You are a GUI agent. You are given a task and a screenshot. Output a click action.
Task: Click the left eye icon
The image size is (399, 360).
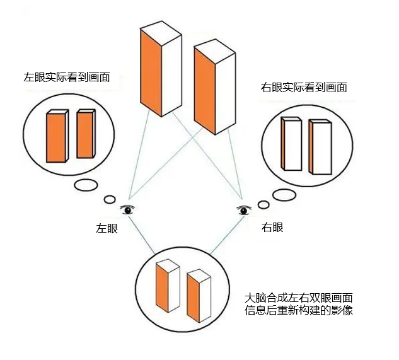[129, 209]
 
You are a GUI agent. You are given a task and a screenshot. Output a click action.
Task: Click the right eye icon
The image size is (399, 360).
[243, 210]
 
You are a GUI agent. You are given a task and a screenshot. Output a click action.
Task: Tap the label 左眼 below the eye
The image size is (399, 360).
[107, 228]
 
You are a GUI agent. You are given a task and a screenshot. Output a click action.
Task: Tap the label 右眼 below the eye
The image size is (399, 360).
[272, 227]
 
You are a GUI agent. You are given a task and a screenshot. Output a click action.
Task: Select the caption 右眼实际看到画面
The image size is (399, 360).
[303, 87]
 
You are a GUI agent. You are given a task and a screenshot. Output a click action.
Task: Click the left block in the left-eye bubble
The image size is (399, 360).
[56, 138]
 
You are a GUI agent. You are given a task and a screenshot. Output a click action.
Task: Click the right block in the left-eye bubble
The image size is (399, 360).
[85, 134]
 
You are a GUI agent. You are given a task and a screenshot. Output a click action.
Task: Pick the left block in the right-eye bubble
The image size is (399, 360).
[291, 144]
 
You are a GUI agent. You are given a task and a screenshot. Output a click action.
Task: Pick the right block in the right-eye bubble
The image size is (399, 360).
[320, 148]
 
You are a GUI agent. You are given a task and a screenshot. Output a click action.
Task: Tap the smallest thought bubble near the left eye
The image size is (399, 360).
[110, 199]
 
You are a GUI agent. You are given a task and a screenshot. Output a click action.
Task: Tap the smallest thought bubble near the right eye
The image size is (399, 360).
[264, 204]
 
